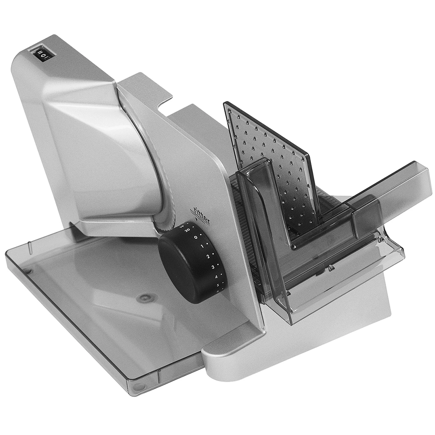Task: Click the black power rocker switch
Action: (x=42, y=54)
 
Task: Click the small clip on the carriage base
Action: (x=330, y=268)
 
